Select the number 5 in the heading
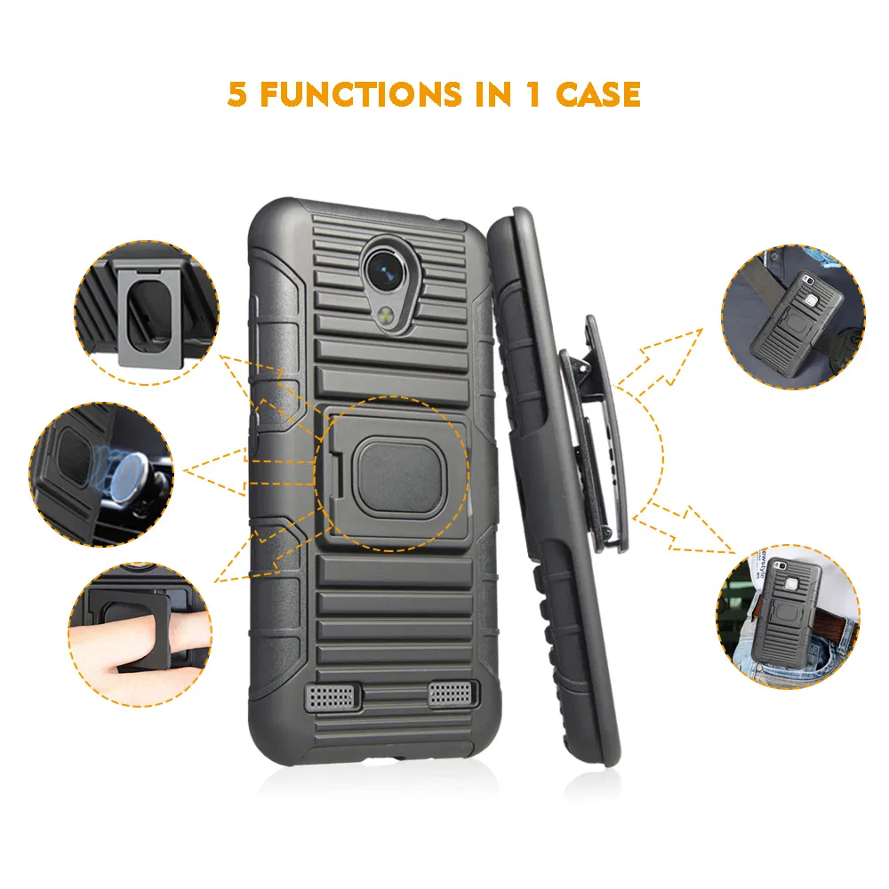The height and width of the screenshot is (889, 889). (x=237, y=94)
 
